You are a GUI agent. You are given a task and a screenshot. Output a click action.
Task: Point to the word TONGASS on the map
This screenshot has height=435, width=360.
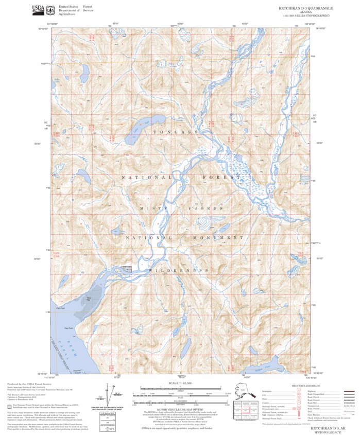[175, 132]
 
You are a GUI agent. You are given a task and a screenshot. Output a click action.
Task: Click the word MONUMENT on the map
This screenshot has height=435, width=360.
[218, 238]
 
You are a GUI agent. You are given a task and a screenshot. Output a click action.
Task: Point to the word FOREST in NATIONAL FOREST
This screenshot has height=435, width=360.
[223, 177]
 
